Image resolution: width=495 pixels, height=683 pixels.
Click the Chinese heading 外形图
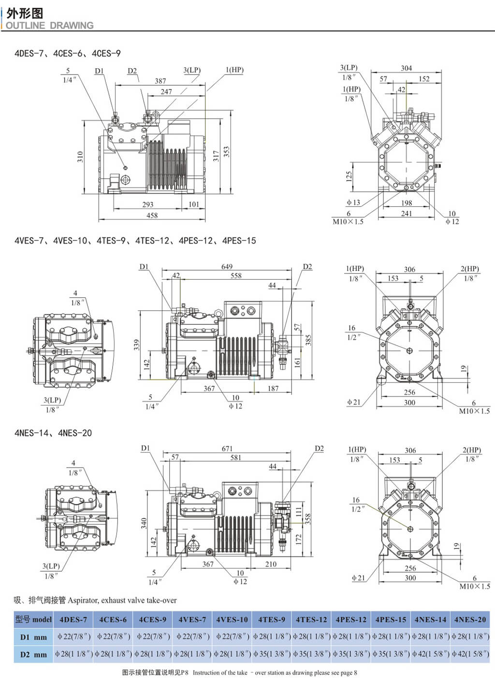pyautogui.click(x=25, y=13)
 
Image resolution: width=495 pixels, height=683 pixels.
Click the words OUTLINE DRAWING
pyautogui.click(x=49, y=25)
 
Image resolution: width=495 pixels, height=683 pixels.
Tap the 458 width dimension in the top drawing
pyautogui.click(x=152, y=215)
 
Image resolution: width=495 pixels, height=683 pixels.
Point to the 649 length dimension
pyautogui.click(x=227, y=266)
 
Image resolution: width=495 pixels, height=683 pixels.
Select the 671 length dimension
pyautogui.click(x=227, y=449)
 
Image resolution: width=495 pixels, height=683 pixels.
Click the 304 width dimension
pyautogui.click(x=406, y=68)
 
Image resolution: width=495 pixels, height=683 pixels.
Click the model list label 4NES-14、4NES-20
pyautogui.click(x=53, y=433)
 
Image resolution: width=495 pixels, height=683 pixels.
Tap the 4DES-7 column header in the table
pyautogui.click(x=73, y=619)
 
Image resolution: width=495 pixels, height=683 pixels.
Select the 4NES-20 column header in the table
pyautogui.click(x=470, y=619)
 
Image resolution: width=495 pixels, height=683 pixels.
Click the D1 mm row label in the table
pyautogui.click(x=33, y=637)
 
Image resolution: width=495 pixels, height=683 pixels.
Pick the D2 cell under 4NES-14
pyautogui.click(x=430, y=654)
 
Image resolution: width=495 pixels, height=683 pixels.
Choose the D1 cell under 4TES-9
pyautogui.click(x=272, y=637)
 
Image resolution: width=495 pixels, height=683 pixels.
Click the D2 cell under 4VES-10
pyautogui.click(x=232, y=654)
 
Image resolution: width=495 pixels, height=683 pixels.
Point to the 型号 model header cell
pyautogui.click(x=33, y=619)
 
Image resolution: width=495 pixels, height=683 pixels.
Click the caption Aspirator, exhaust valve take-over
pyautogui.click(x=122, y=600)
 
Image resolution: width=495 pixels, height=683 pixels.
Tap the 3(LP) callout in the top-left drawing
pyautogui.click(x=192, y=70)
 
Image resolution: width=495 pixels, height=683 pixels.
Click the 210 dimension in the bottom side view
pyautogui.click(x=271, y=564)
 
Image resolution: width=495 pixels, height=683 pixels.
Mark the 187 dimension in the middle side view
pyautogui.click(x=273, y=388)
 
